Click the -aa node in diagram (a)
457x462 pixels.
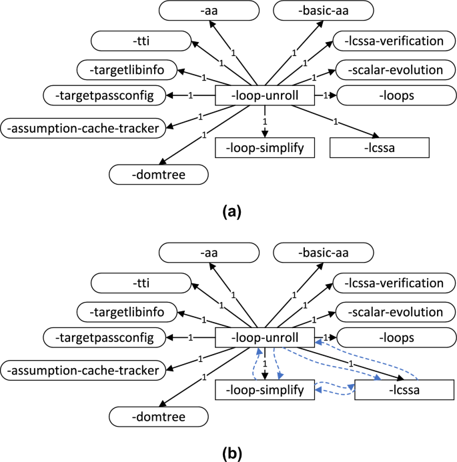(209, 11)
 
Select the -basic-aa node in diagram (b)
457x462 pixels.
(324, 253)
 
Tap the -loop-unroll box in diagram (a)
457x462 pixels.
(265, 95)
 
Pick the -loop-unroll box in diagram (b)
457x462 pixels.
(265, 337)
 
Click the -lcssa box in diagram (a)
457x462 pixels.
(380, 147)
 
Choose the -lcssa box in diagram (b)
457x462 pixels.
(404, 390)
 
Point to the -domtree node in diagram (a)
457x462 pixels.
(159, 175)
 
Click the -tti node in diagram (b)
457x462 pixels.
(141, 283)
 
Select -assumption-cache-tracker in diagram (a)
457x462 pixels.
(83, 129)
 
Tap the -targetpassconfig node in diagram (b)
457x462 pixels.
(104, 337)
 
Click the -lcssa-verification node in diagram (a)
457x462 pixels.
(394, 41)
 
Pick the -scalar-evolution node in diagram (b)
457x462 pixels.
(396, 312)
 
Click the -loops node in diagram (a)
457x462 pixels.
(396, 95)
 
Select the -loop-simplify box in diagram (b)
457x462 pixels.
(265, 390)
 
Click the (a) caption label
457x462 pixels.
(232, 212)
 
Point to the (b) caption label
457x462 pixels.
(232, 454)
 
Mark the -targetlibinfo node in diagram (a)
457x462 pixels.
(127, 70)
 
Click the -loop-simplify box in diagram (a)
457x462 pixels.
(265, 147)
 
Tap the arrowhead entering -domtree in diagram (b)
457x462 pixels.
(163, 404)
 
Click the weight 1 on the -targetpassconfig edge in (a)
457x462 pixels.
(190, 95)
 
